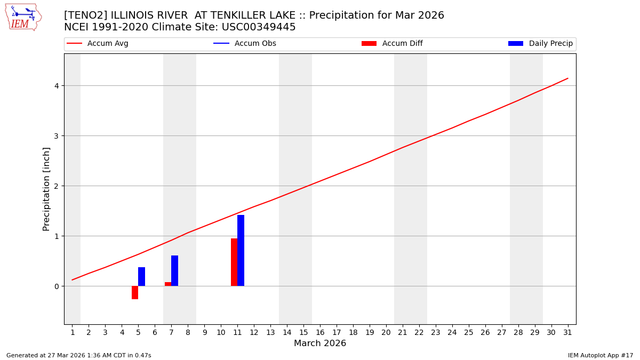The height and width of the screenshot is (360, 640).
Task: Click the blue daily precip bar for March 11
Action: [241, 251]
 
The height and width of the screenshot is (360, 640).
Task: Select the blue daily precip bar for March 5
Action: [141, 276]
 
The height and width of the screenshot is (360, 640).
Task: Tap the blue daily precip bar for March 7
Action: [174, 270]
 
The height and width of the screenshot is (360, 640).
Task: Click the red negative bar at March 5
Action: [135, 292]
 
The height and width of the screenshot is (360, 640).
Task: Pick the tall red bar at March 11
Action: [234, 262]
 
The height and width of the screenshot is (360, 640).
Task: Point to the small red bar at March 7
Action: [168, 284]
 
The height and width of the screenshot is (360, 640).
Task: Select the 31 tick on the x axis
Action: [567, 332]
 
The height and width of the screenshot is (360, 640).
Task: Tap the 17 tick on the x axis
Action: [337, 332]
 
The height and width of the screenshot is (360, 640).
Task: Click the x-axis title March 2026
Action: [320, 343]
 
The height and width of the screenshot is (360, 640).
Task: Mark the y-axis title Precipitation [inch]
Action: [46, 189]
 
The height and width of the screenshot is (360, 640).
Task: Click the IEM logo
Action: [23, 17]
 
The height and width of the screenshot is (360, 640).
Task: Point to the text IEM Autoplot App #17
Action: [600, 355]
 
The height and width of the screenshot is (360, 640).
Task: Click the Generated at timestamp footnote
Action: [79, 355]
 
